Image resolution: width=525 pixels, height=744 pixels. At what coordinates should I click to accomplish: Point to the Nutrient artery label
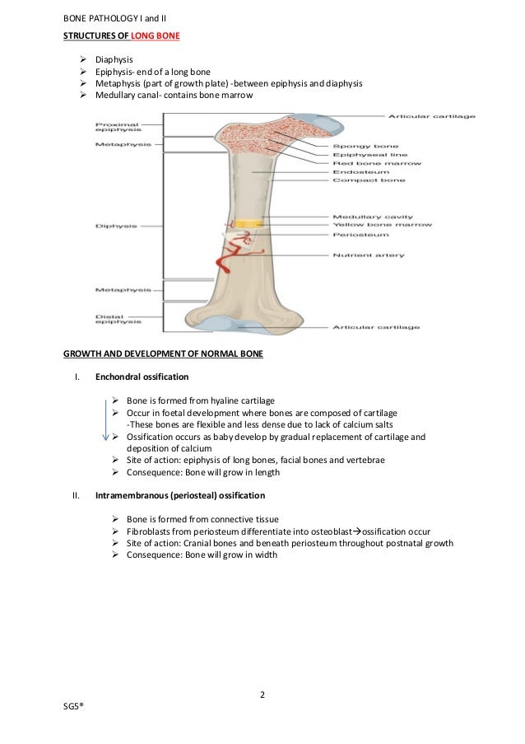coord(368,255)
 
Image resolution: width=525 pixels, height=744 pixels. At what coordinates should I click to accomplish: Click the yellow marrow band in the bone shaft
coord(248,224)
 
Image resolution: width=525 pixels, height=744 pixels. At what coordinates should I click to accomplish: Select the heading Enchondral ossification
coord(142,377)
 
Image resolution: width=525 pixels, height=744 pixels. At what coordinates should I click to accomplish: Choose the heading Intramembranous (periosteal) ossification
coord(179,496)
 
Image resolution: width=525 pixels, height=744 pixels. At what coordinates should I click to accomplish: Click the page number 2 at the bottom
coord(262,694)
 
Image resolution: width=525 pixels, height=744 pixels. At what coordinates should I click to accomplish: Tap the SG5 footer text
coord(76,708)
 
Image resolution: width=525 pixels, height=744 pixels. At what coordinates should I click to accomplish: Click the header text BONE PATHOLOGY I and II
coord(114,19)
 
